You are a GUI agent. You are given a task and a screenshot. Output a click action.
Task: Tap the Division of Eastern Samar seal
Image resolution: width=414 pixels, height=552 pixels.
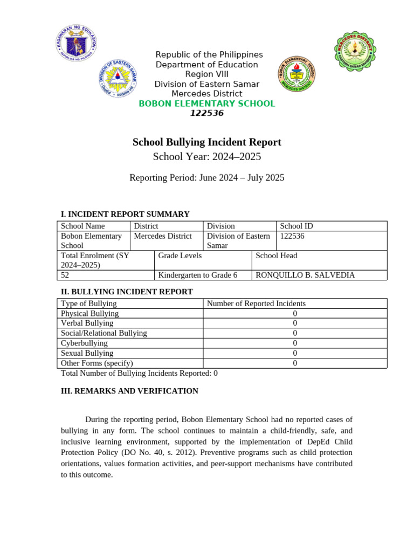(x=117, y=79)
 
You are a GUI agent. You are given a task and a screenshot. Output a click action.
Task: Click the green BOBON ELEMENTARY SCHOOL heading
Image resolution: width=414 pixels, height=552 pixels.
(x=207, y=103)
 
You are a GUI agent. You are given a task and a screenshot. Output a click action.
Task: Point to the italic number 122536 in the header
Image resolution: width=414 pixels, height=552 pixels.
(x=207, y=113)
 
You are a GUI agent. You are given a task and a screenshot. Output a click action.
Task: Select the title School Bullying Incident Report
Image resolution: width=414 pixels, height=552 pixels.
(x=207, y=142)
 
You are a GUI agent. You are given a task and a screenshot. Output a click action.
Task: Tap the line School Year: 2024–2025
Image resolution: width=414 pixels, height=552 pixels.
(x=207, y=157)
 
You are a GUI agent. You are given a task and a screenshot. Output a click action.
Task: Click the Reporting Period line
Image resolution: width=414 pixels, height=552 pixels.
(x=207, y=177)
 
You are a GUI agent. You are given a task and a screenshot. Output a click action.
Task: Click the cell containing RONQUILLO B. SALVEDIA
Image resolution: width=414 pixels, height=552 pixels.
(x=305, y=275)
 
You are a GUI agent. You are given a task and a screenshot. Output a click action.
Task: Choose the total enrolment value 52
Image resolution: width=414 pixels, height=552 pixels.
(x=65, y=275)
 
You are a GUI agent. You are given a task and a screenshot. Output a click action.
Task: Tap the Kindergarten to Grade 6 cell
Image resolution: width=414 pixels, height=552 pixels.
(x=197, y=275)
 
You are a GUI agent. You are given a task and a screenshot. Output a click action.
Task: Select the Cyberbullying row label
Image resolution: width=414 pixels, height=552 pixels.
(x=84, y=343)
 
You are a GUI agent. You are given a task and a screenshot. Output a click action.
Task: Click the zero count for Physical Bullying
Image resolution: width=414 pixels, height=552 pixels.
(x=295, y=313)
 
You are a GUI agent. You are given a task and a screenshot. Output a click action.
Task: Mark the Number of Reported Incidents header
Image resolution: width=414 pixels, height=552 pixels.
(x=256, y=303)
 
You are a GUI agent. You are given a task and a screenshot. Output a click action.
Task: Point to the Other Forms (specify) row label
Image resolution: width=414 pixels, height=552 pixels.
(x=97, y=363)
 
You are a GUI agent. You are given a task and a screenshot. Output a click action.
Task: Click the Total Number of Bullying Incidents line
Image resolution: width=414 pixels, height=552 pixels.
(x=139, y=373)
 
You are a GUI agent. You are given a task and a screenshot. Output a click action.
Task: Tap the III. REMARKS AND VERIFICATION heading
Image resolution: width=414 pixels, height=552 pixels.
(x=129, y=391)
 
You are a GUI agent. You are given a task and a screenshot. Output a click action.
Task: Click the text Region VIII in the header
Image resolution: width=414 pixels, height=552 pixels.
(x=207, y=74)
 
